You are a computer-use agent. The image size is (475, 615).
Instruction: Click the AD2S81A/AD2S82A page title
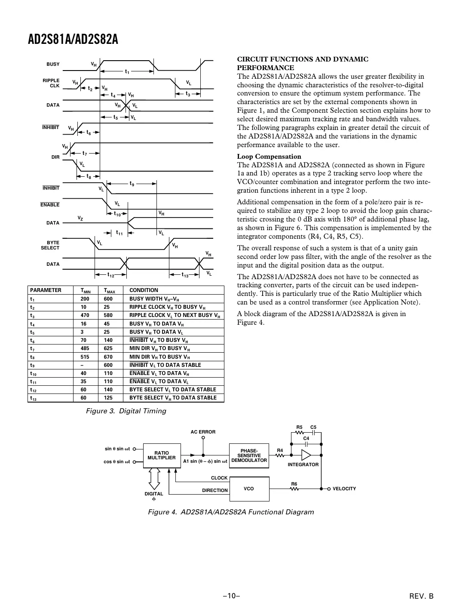73,40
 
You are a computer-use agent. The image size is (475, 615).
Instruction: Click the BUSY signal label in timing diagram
53,64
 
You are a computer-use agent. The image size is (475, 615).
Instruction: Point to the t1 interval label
127,71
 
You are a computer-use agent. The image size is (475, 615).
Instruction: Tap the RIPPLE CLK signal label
51,83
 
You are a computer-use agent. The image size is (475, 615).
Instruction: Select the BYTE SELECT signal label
50,245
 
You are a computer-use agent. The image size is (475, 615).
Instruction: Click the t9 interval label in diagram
132,184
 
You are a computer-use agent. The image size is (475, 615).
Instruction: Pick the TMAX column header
109,290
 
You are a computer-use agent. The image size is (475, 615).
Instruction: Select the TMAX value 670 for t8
108,357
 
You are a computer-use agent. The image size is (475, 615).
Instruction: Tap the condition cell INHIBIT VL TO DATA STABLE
165,365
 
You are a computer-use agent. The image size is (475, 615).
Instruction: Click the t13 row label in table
33,398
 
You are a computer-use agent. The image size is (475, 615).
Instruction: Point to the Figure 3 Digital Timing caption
126,411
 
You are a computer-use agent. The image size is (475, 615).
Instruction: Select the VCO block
249,489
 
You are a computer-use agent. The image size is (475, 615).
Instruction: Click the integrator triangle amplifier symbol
306,455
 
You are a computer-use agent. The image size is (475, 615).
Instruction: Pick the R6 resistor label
294,484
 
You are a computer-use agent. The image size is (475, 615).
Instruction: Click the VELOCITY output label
344,489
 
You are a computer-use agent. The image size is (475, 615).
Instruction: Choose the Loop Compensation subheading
269,157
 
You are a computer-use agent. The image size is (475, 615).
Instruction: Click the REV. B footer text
421,596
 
